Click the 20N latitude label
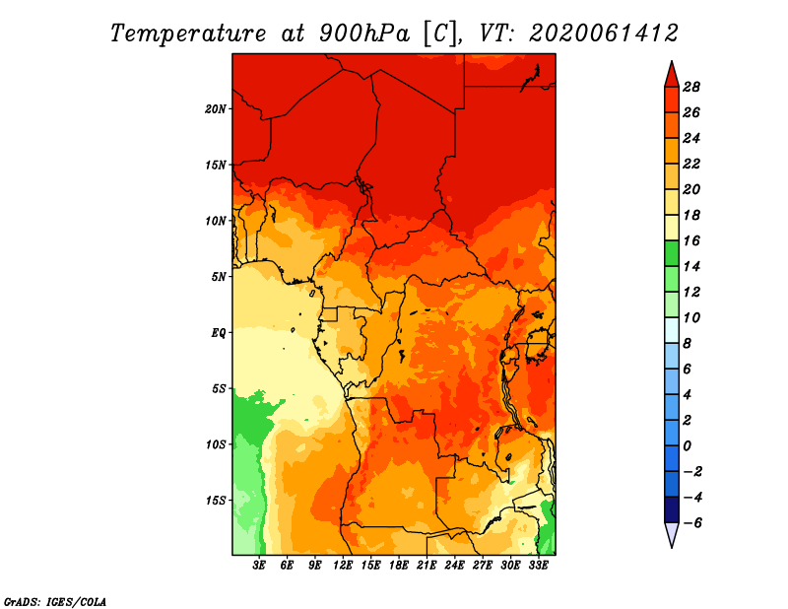(215, 109)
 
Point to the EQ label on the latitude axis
(218, 333)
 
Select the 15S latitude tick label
(215, 501)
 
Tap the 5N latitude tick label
(219, 277)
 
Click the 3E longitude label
(259, 566)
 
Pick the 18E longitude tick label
(399, 566)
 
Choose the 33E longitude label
(538, 566)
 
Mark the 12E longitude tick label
(343, 566)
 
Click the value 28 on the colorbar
(691, 87)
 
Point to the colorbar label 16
(691, 240)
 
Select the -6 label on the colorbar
(692, 523)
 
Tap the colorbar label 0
(687, 446)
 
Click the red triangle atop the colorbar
(672, 75)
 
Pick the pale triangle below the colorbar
(672, 534)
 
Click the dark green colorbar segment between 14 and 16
(672, 253)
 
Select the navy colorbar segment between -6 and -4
(672, 509)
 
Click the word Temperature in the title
(187, 34)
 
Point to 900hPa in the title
(364, 34)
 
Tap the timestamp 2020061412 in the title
(604, 34)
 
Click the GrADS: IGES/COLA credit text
(55, 602)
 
